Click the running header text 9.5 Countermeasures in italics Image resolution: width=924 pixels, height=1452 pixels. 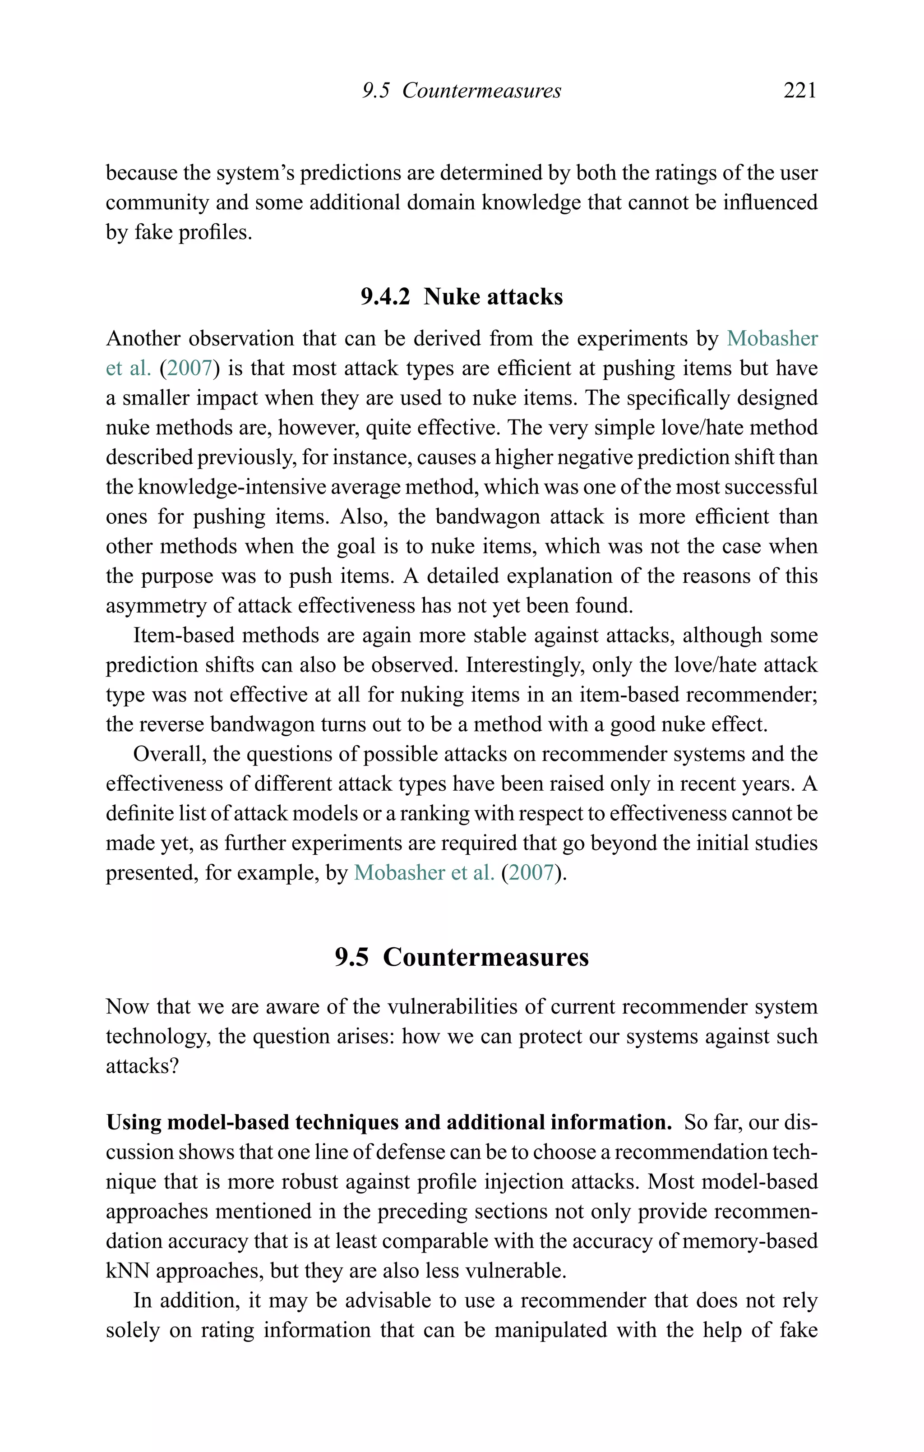click(x=462, y=91)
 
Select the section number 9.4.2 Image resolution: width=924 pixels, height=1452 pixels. click(x=385, y=297)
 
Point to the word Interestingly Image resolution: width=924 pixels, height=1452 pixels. click(x=524, y=664)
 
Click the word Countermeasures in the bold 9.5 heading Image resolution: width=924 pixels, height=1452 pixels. click(x=485, y=957)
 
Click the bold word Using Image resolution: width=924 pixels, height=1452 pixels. click(x=133, y=1122)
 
